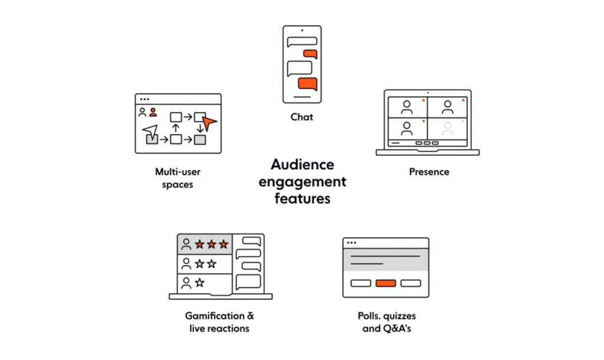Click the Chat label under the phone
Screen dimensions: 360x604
pos(301,117)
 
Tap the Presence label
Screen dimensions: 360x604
pos(429,172)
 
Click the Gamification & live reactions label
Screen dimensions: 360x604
pos(219,322)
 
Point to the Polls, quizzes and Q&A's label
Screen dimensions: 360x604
pos(386,322)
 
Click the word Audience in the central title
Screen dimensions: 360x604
pos(302,164)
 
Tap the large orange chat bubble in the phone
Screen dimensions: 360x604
pos(307,83)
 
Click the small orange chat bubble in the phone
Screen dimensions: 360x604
pos(310,54)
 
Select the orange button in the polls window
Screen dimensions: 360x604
pos(385,283)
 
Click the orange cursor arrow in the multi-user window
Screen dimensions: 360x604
pos(208,123)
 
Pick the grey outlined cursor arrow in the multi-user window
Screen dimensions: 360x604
pos(150,131)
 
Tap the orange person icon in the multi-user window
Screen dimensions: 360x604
pos(153,112)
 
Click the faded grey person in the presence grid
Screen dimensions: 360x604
pos(448,127)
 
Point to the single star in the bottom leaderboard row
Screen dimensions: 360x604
pos(199,283)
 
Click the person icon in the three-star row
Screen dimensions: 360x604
pos(186,243)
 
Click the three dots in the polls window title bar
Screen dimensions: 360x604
pos(352,243)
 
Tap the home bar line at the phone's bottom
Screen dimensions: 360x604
pos(302,96)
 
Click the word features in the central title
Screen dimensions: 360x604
pos(302,198)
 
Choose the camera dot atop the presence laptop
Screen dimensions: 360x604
pos(427,93)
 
